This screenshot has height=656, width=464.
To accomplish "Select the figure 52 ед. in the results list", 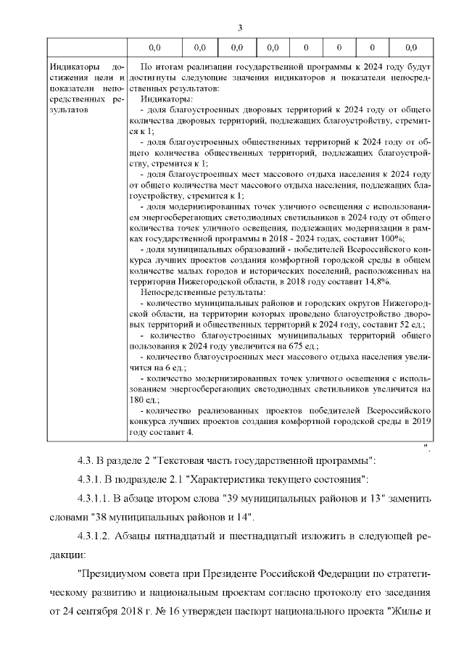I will click(x=411, y=325).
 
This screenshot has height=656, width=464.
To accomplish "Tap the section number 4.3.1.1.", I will click(x=97, y=499).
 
